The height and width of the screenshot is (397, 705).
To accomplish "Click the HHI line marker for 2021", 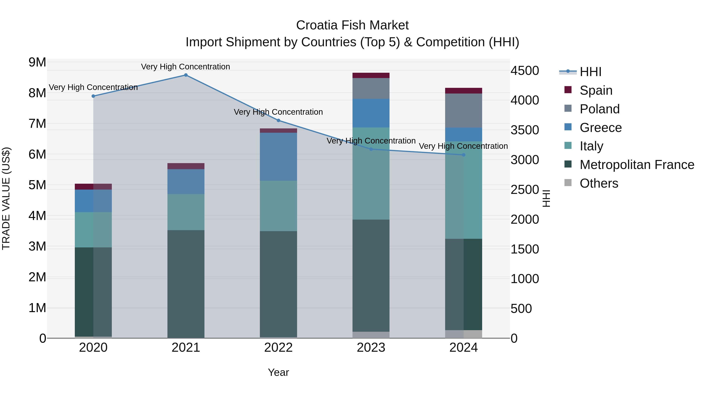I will tap(186, 75).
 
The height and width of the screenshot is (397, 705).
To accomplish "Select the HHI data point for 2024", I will tap(463, 155).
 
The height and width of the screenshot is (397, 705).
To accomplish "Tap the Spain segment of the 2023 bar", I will tap(371, 75).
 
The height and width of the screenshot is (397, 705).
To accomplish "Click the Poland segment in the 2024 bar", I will tap(463, 111).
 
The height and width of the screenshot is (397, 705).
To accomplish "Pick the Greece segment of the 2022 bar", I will tap(278, 157).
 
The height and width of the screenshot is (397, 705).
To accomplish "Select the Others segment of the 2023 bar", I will tap(371, 335).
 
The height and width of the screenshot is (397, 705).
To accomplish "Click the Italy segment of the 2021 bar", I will tap(186, 212).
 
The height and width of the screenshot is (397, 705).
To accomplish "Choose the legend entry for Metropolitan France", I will tap(637, 165).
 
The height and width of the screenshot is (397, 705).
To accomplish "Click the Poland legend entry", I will tap(599, 109).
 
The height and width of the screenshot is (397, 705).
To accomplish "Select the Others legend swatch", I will tap(568, 183).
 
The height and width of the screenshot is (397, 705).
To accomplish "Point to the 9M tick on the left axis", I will tap(37, 62).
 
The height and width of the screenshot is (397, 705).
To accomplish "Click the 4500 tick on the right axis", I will tap(525, 71).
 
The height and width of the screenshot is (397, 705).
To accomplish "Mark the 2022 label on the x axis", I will tap(278, 348).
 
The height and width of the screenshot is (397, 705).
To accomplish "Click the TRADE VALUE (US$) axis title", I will tap(6, 198).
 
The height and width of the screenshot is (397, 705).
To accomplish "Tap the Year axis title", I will tap(278, 372).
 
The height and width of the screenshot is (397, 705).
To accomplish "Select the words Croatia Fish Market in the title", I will tap(352, 25).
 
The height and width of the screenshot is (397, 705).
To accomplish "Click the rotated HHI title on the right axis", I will tap(546, 198).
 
